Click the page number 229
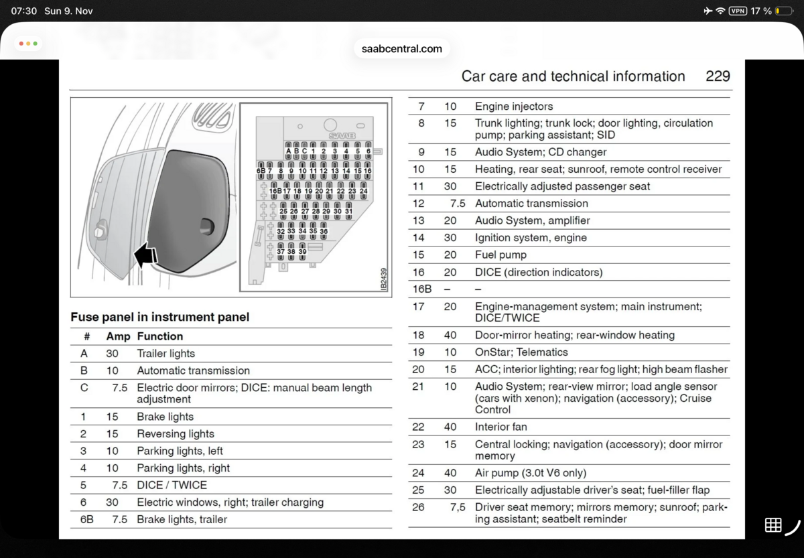[x=718, y=76]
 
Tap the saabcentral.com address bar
[x=401, y=48]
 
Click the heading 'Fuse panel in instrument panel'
[x=159, y=317]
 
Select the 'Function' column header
[x=159, y=336]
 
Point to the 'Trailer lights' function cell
[x=166, y=354]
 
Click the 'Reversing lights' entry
[x=176, y=434]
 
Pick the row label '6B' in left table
[x=87, y=519]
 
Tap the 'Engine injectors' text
[x=514, y=107]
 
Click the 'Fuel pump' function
[x=500, y=255]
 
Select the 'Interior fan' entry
[x=501, y=427]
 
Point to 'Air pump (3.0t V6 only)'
[x=531, y=473]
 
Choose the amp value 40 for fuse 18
[x=450, y=335]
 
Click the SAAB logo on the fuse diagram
[x=342, y=136]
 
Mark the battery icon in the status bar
[x=781, y=11]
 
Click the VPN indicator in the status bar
[x=738, y=11]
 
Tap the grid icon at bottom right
[x=773, y=525]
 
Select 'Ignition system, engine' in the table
[x=531, y=238]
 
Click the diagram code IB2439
[x=384, y=278]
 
